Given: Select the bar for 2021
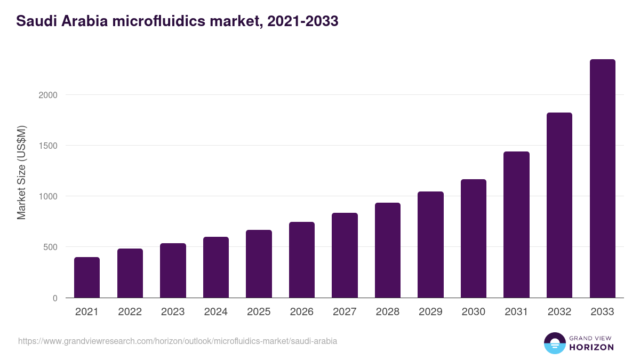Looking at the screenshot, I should (87, 277).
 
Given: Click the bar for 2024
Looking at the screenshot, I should (216, 267).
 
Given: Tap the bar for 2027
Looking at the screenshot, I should (345, 255).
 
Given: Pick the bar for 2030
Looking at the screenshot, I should (474, 238).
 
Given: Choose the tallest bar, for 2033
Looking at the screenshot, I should (602, 179).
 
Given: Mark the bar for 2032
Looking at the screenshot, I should (559, 205).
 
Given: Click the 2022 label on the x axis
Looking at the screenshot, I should (130, 312).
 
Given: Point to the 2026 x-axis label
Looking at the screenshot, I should (301, 312).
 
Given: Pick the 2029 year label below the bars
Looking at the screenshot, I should (430, 312).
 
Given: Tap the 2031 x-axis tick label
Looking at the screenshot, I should (516, 312).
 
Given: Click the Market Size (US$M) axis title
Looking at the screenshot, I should (21, 173).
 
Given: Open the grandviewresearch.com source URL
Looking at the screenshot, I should (178, 341).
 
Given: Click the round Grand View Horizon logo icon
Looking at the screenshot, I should (554, 343).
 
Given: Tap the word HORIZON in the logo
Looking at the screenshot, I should (591, 347).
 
